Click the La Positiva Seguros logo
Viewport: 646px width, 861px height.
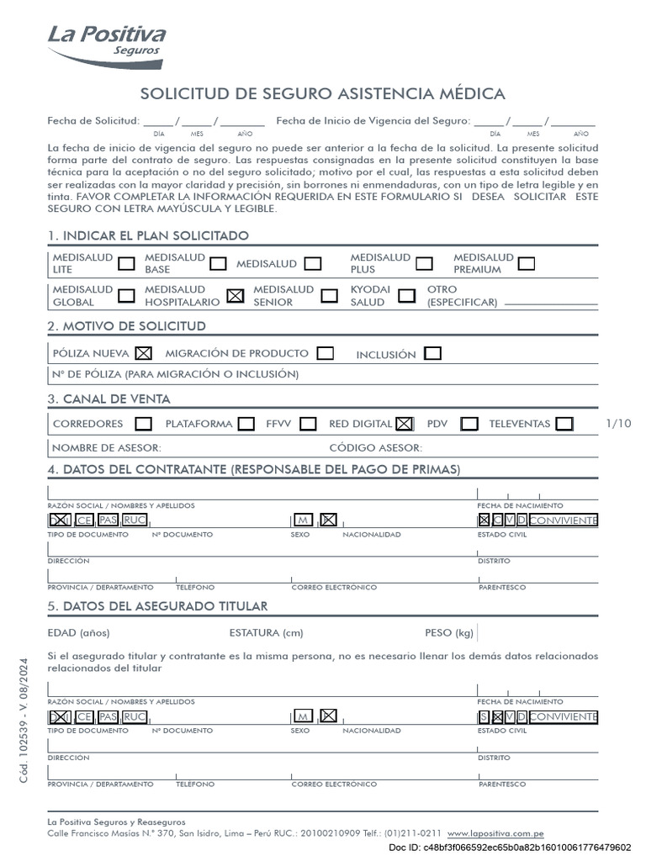pyautogui.click(x=106, y=45)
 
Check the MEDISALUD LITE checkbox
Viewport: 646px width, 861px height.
pyautogui.click(x=126, y=263)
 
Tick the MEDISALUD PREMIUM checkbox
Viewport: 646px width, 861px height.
pyautogui.click(x=527, y=263)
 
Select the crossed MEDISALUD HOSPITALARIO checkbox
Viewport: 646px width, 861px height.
pyautogui.click(x=236, y=295)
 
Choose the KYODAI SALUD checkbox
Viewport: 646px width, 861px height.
pyautogui.click(x=407, y=295)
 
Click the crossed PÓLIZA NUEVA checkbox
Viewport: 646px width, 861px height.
pyautogui.click(x=144, y=353)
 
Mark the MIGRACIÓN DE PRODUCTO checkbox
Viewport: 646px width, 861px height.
pyautogui.click(x=326, y=353)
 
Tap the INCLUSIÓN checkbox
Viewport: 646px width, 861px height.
pyautogui.click(x=433, y=353)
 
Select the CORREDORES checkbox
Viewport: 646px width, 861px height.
pyautogui.click(x=144, y=424)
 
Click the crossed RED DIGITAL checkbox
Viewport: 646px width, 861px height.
pyautogui.click(x=405, y=424)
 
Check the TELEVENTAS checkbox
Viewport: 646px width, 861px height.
pyautogui.click(x=564, y=424)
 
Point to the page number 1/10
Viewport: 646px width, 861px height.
pyautogui.click(x=617, y=423)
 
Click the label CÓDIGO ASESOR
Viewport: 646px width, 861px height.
pyautogui.click(x=375, y=447)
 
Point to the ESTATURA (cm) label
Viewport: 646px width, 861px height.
pyautogui.click(x=266, y=632)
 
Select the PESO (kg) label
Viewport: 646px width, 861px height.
pyautogui.click(x=449, y=632)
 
